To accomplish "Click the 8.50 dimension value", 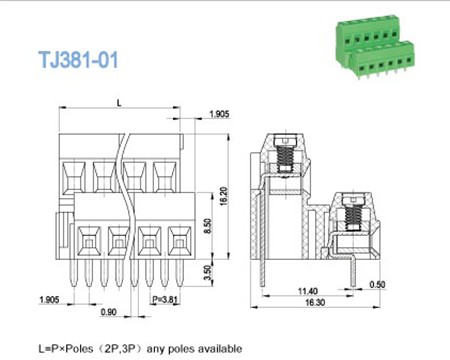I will pos(207,227).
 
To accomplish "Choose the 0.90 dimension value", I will pos(108,313).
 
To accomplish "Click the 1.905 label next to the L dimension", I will pos(218,115).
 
